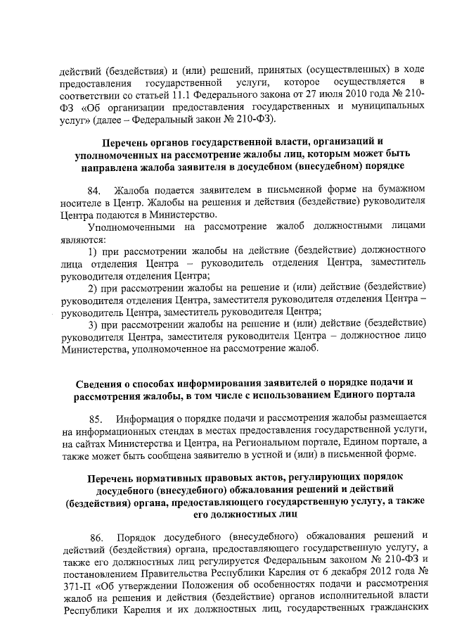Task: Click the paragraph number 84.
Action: [94, 189]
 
